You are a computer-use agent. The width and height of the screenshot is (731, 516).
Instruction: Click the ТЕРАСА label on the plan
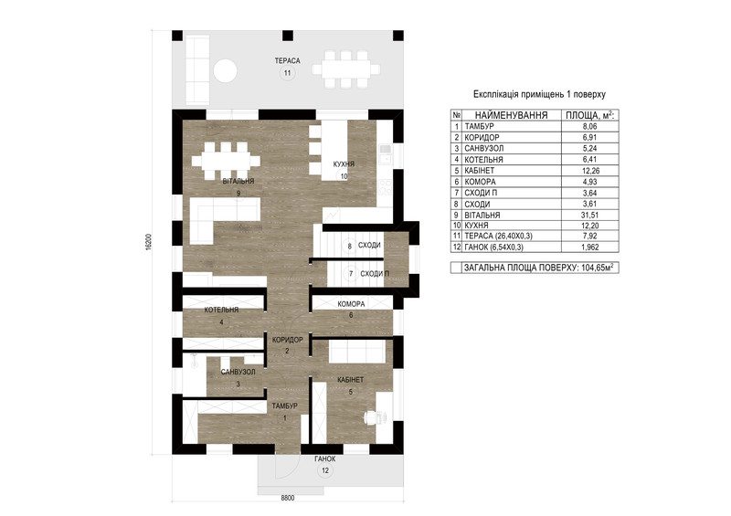click(287, 60)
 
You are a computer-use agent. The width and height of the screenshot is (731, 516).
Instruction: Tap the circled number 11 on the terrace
click(287, 73)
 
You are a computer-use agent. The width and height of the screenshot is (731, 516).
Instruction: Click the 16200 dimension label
click(149, 242)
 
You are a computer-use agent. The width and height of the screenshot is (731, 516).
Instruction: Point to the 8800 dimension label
click(288, 498)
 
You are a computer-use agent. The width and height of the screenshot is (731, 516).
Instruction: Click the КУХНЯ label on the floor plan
click(344, 164)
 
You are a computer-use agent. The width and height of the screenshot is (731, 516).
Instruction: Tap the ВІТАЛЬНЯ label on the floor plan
click(238, 182)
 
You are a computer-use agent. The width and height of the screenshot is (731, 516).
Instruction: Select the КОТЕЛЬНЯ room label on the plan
click(221, 310)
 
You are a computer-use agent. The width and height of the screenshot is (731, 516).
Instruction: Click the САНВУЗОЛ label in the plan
click(238, 373)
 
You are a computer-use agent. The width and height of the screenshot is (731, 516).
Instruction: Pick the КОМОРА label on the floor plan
click(351, 304)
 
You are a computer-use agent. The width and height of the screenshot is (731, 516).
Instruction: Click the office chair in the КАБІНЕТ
click(372, 417)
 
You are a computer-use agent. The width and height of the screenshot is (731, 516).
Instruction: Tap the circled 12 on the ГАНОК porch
click(325, 470)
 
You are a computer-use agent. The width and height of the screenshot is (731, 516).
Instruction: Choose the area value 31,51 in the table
click(589, 215)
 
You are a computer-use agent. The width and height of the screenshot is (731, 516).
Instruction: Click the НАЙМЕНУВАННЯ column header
click(511, 115)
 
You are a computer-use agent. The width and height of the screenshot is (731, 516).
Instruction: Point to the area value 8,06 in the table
click(589, 126)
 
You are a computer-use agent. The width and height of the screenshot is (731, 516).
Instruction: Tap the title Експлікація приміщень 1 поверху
click(539, 94)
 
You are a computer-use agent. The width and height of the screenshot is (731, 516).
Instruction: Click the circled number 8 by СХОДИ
click(350, 246)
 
